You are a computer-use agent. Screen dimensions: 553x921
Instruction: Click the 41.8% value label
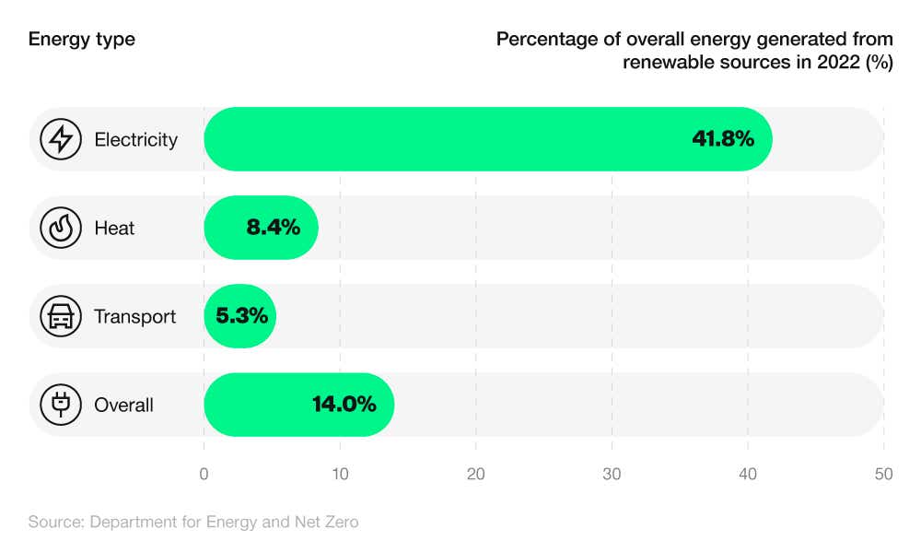tap(723, 139)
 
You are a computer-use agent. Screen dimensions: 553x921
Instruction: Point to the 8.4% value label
tap(274, 228)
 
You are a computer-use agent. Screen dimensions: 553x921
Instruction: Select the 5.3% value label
tap(242, 316)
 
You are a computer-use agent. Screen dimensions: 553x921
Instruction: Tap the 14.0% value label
tap(344, 405)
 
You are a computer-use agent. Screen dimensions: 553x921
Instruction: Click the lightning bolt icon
tap(61, 139)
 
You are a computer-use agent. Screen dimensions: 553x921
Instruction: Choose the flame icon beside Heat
tap(61, 228)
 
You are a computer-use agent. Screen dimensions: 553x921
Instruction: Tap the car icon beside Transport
tap(61, 316)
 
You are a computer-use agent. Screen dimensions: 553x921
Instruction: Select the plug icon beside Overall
tap(61, 405)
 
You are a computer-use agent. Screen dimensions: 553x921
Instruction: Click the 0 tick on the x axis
tap(204, 475)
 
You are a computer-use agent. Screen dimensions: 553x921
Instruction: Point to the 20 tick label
tap(476, 475)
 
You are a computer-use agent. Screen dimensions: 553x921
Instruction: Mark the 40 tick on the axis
tap(748, 475)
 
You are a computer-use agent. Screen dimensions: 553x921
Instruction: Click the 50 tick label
tap(883, 475)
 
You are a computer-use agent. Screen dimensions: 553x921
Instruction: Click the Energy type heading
tap(81, 40)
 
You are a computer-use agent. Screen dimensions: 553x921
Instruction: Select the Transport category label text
tap(134, 317)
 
